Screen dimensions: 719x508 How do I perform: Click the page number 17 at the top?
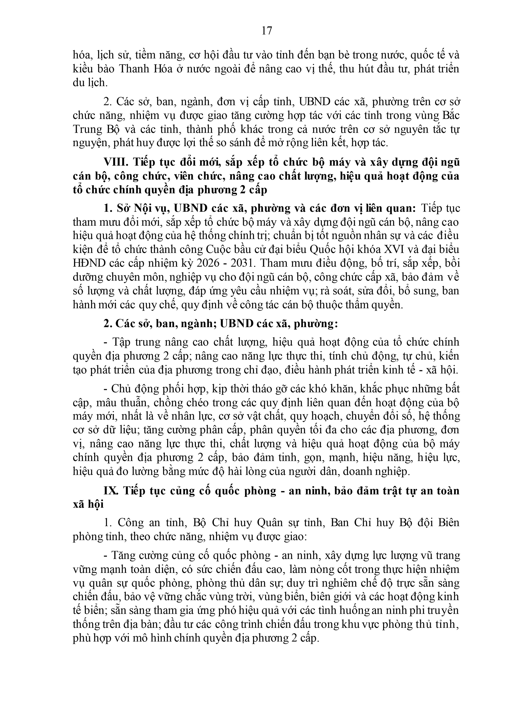tap(267, 31)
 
